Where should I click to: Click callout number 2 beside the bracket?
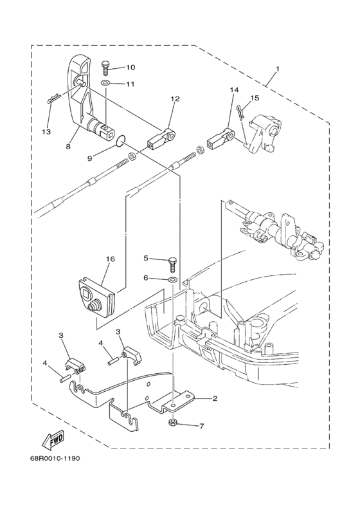[x=215, y=399]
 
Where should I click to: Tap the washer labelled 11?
[x=105, y=84]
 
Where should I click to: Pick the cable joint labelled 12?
[x=161, y=138]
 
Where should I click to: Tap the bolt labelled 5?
[x=172, y=262]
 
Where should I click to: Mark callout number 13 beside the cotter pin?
[x=46, y=132]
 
